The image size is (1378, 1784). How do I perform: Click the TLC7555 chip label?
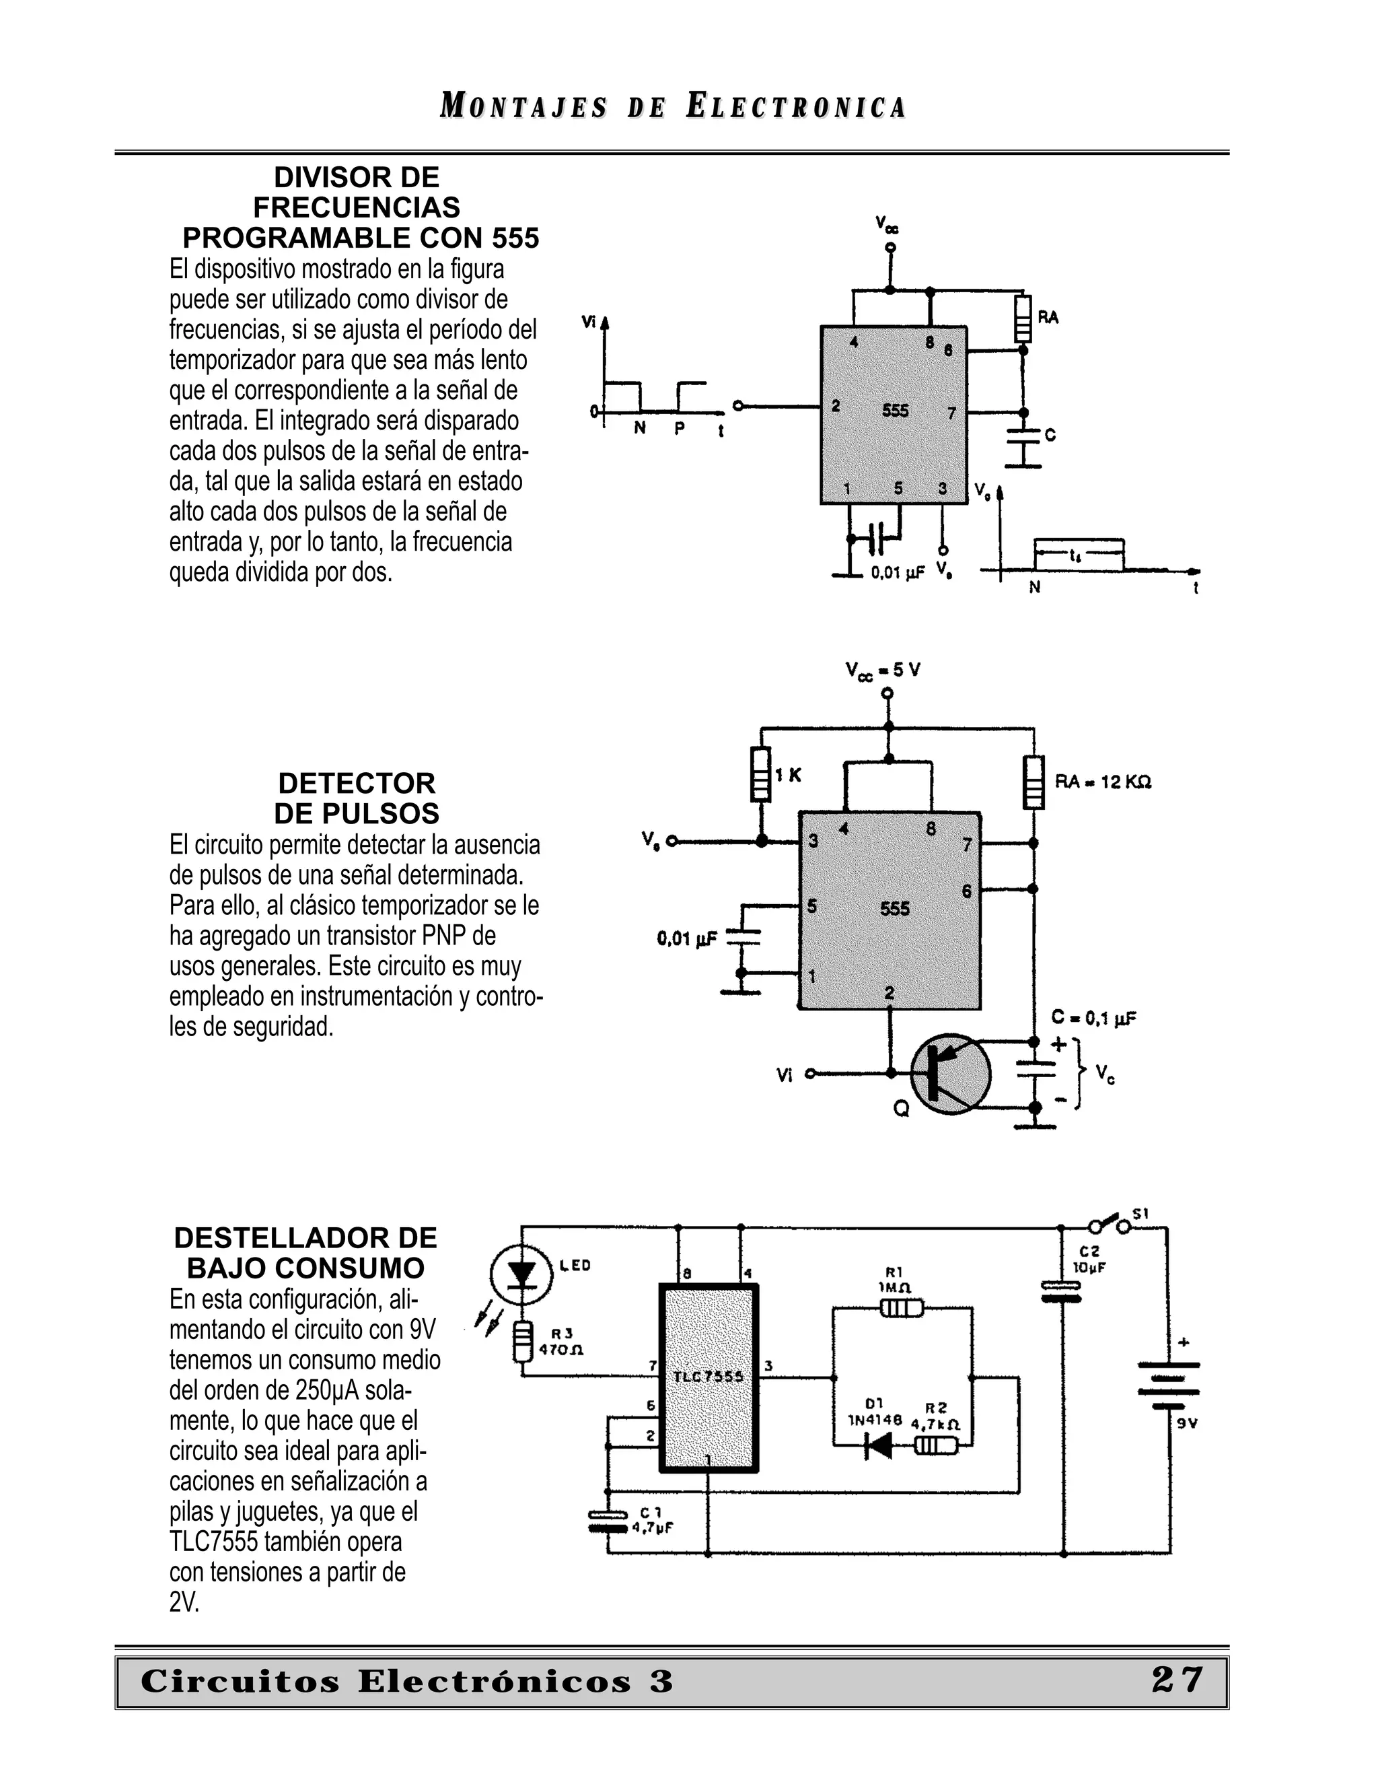709,1377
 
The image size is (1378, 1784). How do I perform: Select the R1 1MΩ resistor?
901,1309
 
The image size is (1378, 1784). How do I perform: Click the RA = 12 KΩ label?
1103,782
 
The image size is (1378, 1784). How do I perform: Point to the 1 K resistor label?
789,775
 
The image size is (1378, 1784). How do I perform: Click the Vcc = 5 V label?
883,671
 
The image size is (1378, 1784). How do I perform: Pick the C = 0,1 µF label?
1094,1018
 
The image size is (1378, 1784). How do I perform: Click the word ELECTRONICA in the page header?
796,107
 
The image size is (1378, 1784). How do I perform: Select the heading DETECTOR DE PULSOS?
357,798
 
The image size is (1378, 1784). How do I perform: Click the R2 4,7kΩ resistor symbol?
935,1447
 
